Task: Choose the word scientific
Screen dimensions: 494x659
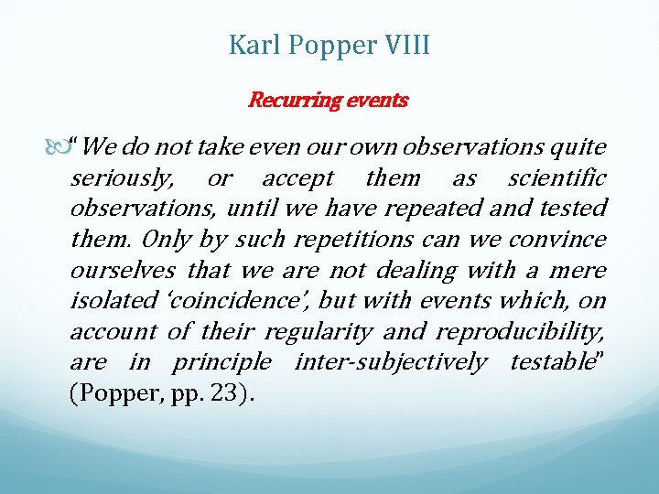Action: point(556,177)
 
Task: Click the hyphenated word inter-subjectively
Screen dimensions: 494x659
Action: point(391,363)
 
